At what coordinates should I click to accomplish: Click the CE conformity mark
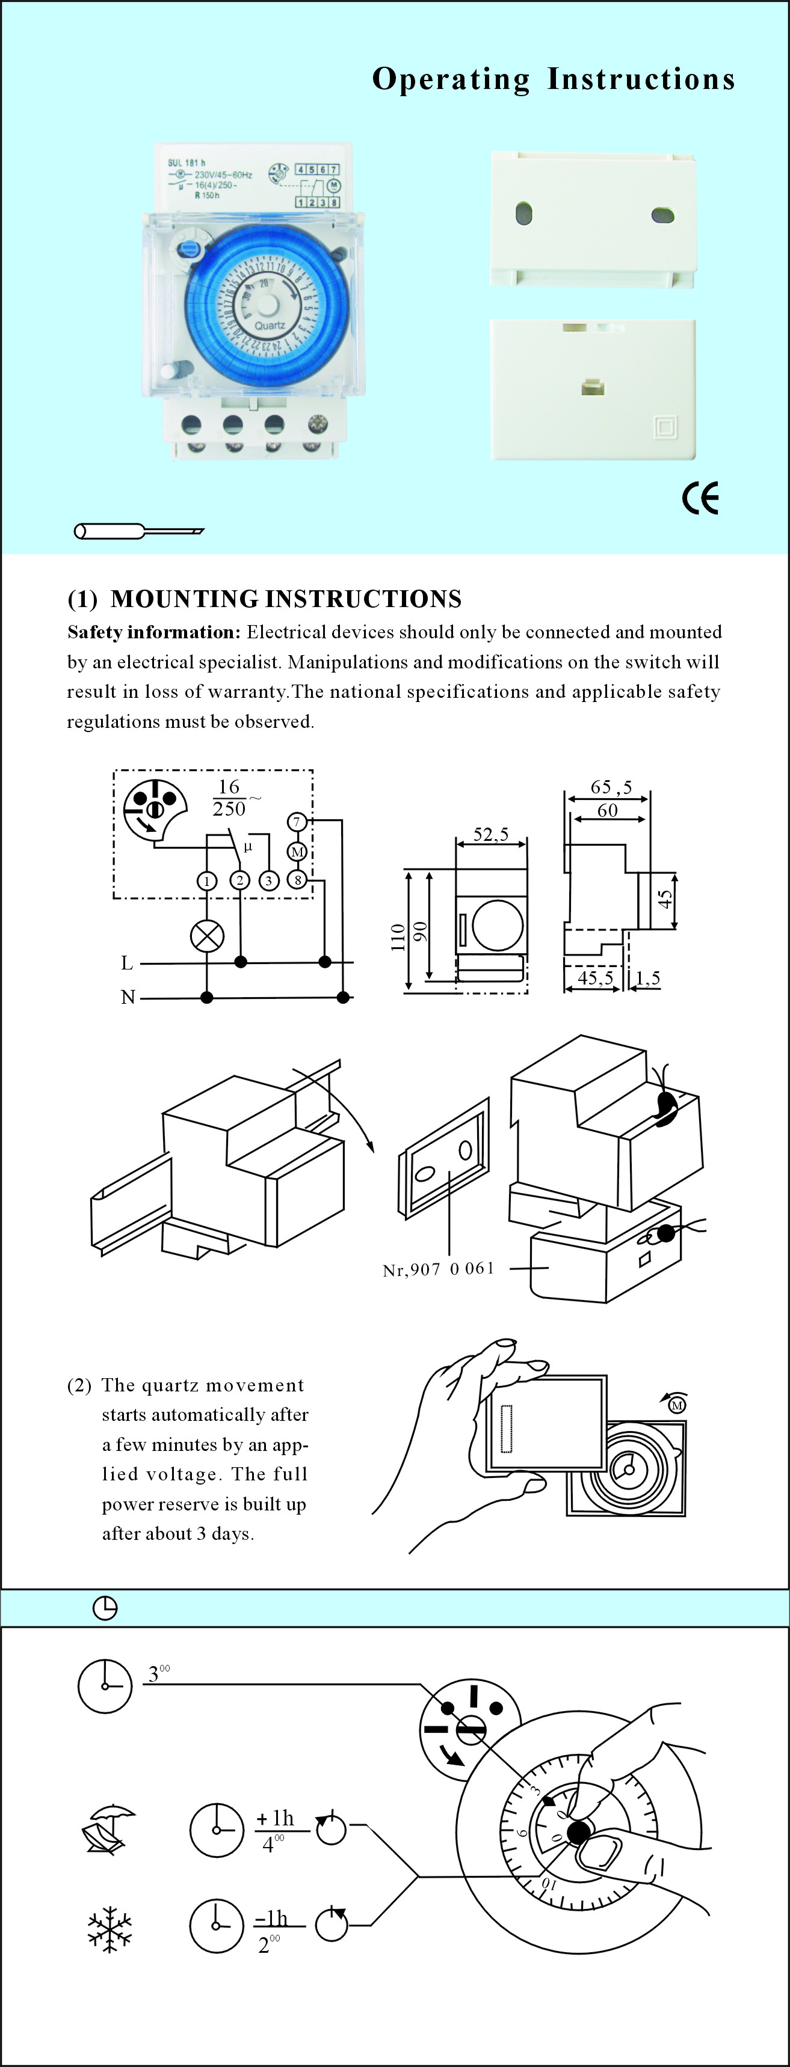[x=700, y=498]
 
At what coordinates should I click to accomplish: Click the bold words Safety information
[x=153, y=632]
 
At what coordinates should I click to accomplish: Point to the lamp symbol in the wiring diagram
[x=207, y=936]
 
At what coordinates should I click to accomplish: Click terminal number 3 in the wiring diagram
[x=268, y=881]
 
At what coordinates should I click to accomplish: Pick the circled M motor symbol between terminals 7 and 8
[x=297, y=851]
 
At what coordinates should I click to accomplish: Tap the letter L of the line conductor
[x=127, y=963]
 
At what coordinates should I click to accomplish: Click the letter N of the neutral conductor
[x=128, y=997]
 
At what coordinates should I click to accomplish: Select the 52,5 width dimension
[x=490, y=834]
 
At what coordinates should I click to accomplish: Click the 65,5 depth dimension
[x=611, y=787]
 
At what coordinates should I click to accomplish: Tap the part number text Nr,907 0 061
[x=439, y=1269]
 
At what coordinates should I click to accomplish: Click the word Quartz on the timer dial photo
[x=270, y=326]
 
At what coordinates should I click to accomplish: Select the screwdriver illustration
[x=138, y=531]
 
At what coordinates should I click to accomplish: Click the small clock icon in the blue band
[x=105, y=1608]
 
